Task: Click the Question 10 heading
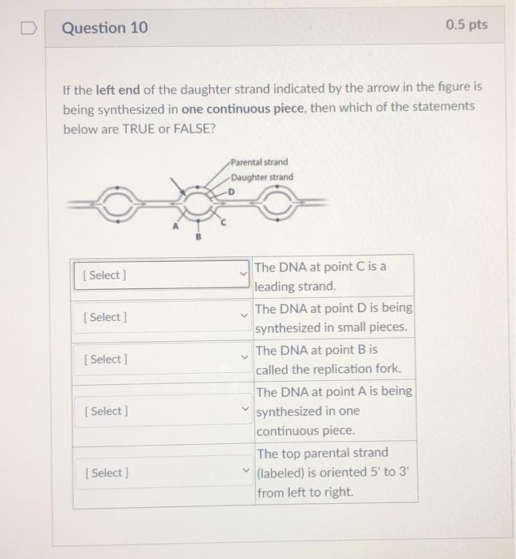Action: click(x=104, y=28)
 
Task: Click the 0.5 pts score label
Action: click(x=467, y=25)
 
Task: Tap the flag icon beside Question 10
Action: click(x=29, y=28)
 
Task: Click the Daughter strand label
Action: click(x=263, y=177)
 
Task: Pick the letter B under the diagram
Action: click(x=200, y=236)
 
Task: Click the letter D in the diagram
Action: click(x=232, y=192)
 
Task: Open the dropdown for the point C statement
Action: click(x=163, y=276)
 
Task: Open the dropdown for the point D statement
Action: click(x=163, y=317)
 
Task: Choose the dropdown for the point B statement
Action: click(x=163, y=359)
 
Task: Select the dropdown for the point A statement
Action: click(x=163, y=411)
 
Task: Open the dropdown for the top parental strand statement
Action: click(x=163, y=473)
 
